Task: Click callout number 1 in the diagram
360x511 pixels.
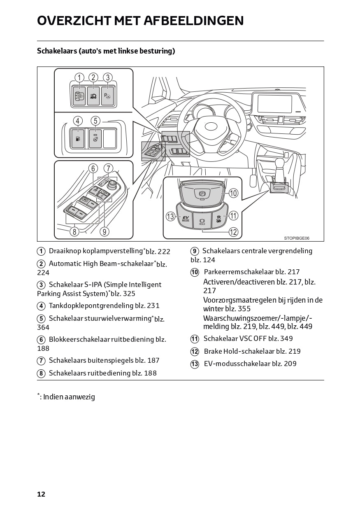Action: (x=79, y=77)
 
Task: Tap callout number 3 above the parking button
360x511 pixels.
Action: (x=107, y=77)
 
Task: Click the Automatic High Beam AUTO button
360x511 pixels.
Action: (x=93, y=96)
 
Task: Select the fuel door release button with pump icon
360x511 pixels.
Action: (x=77, y=139)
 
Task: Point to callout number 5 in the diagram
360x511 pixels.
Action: (x=95, y=121)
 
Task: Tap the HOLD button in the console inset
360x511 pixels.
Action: (x=202, y=221)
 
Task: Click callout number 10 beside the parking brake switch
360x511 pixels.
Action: (x=233, y=193)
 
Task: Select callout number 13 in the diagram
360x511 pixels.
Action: (x=171, y=216)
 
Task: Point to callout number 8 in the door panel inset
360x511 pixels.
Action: (x=74, y=231)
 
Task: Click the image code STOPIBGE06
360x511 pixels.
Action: (x=296, y=238)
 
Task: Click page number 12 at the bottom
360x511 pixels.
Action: (x=41, y=494)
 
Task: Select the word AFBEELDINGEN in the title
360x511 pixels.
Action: (x=193, y=21)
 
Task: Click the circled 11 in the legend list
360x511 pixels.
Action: (x=195, y=339)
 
